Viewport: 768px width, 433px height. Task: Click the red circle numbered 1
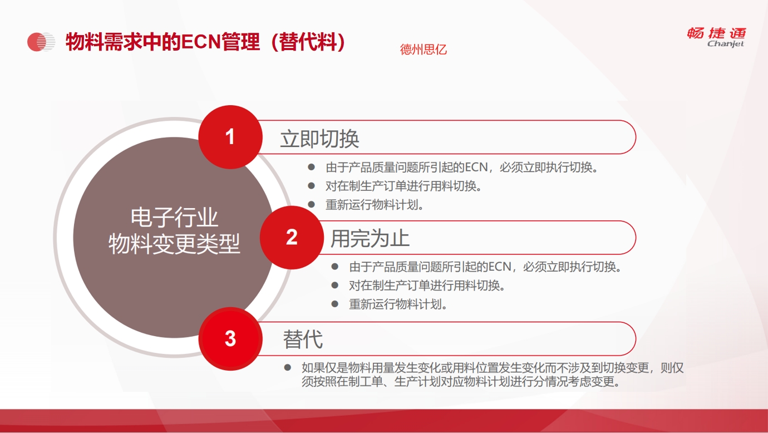tap(230, 137)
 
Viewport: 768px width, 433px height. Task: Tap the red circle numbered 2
tap(292, 237)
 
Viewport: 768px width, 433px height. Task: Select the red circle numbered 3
tap(230, 339)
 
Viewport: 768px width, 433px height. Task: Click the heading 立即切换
tap(319, 139)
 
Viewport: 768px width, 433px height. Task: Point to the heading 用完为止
tap(370, 238)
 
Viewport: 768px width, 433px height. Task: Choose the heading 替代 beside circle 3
tap(303, 339)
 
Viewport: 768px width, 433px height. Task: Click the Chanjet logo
tap(717, 37)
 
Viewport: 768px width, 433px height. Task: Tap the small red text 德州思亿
tap(424, 50)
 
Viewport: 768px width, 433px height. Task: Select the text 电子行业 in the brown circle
tap(174, 218)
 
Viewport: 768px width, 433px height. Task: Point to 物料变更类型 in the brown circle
tap(174, 244)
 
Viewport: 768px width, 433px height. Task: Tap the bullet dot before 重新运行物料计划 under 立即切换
tap(311, 205)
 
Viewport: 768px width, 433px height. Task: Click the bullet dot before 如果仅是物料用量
tap(288, 368)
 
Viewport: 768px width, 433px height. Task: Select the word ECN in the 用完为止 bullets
tap(500, 267)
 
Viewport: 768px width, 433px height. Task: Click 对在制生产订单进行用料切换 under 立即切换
tap(403, 186)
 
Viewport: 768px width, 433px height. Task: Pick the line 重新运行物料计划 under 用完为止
tap(398, 304)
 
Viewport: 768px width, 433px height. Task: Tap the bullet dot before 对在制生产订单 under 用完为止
tap(335, 286)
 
